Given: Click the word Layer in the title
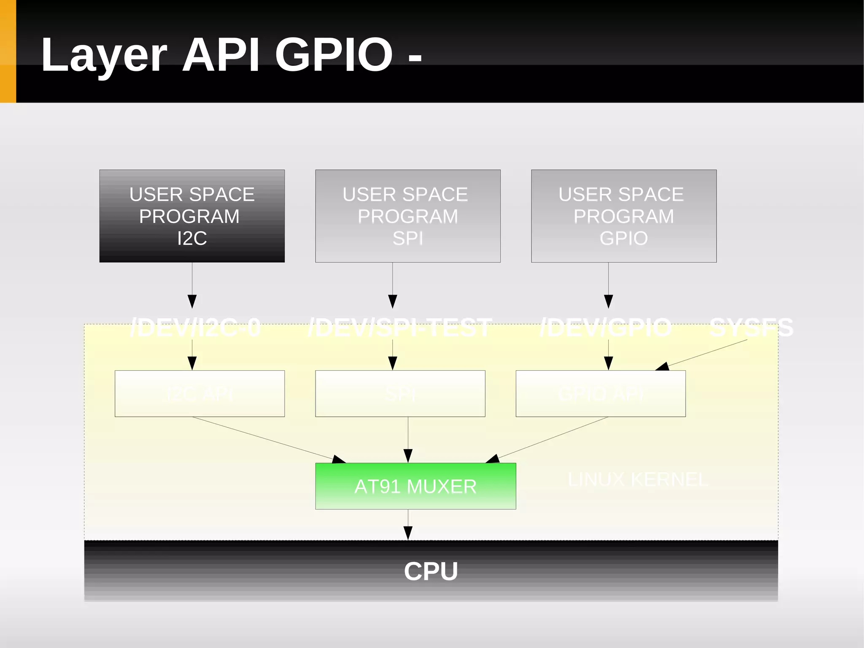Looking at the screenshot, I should (x=104, y=55).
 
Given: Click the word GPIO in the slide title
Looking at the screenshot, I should (x=333, y=54).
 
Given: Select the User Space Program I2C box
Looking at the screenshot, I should (x=192, y=216).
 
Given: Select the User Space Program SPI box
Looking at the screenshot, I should (x=408, y=216).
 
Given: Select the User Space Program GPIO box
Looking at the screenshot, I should (x=624, y=216).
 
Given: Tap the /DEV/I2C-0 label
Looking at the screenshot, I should (x=195, y=328).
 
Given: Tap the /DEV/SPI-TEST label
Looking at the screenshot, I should (x=400, y=328).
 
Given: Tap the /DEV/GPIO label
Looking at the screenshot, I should (x=606, y=328).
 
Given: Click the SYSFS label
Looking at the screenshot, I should (x=751, y=328).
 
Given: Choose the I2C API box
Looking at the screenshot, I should (x=200, y=394).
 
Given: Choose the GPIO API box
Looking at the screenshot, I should (x=600, y=394).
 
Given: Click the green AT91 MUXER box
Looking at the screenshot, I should (x=415, y=486).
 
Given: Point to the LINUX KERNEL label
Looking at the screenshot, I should (x=637, y=480).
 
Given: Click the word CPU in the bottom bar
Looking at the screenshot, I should (x=431, y=571).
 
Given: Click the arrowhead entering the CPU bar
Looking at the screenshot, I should (x=408, y=533).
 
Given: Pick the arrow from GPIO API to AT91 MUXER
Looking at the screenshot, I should (x=548, y=439).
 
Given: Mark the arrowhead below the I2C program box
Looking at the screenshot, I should (x=192, y=301).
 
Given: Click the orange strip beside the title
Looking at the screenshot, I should (x=8, y=51).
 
